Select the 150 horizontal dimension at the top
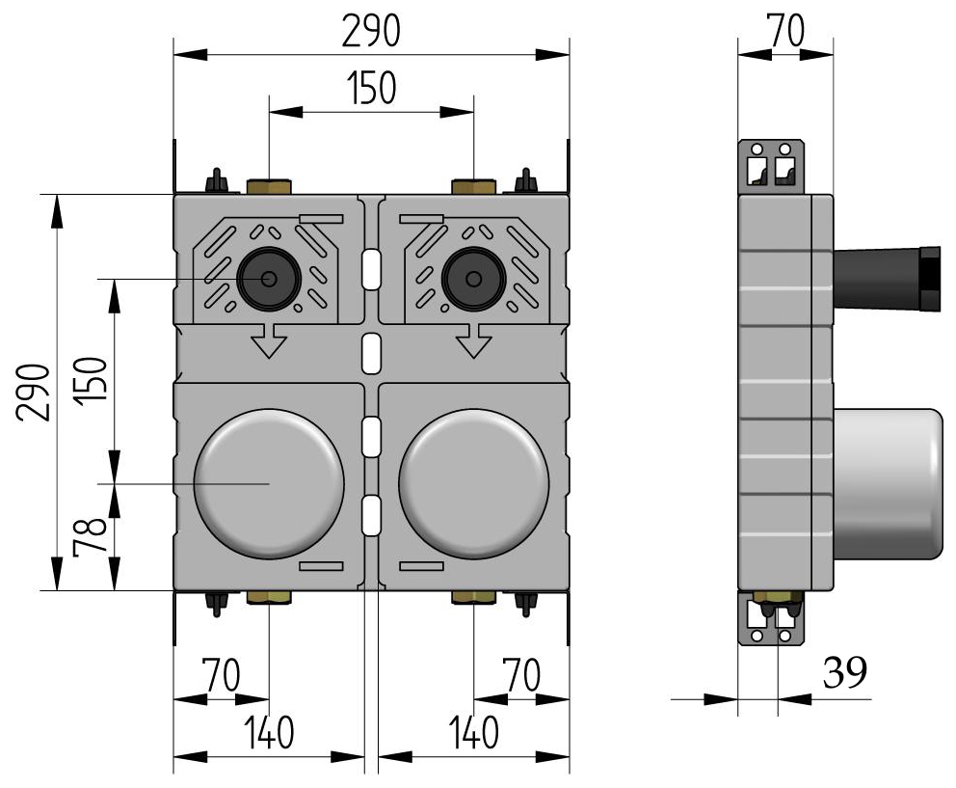[x=371, y=89]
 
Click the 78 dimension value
[x=90, y=536]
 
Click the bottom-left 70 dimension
[x=221, y=675]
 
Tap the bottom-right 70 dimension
[x=522, y=675]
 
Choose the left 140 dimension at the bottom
[x=268, y=734]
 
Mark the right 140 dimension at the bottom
[x=472, y=734]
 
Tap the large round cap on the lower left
[x=269, y=483]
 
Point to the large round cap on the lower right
[x=473, y=483]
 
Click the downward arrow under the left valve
[x=269, y=340]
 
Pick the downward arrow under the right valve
[x=473, y=340]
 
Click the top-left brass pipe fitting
[x=268, y=185]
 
